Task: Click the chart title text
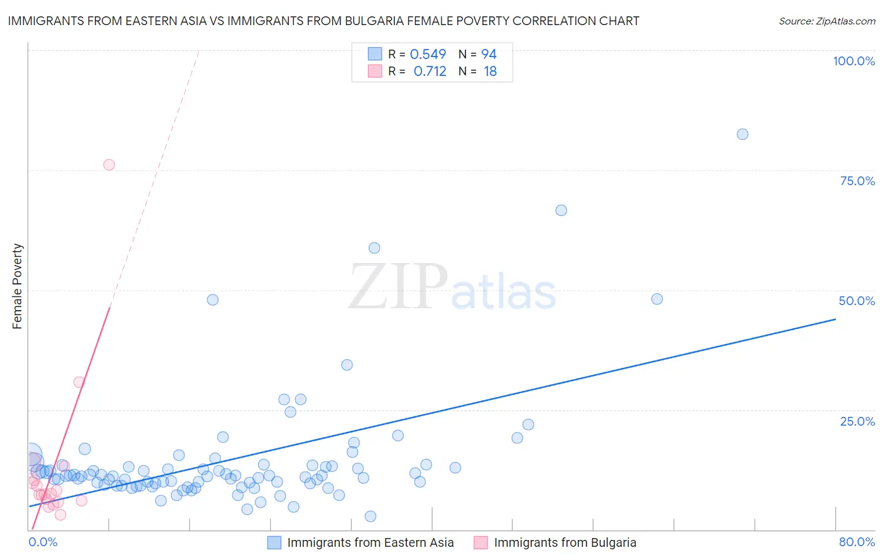[x=323, y=21]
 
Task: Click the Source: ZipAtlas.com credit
[x=826, y=21]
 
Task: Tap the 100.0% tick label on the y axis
[x=853, y=61]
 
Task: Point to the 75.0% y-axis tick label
[x=857, y=181]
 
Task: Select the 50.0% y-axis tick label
[x=857, y=301]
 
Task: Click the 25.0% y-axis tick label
[x=857, y=421]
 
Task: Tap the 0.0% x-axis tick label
[x=43, y=542]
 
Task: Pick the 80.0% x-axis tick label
[x=857, y=542]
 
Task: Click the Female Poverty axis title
[x=18, y=286]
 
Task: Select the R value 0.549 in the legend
[x=428, y=54]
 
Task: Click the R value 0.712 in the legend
[x=430, y=72]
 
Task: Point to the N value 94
[x=489, y=54]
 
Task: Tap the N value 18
[x=490, y=72]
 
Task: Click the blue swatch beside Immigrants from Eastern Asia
[x=274, y=542]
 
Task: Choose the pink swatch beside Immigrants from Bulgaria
[x=481, y=542]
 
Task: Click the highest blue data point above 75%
[x=742, y=134]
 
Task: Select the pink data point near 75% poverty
[x=109, y=164]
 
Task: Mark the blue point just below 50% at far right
[x=657, y=299]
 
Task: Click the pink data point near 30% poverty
[x=79, y=382]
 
